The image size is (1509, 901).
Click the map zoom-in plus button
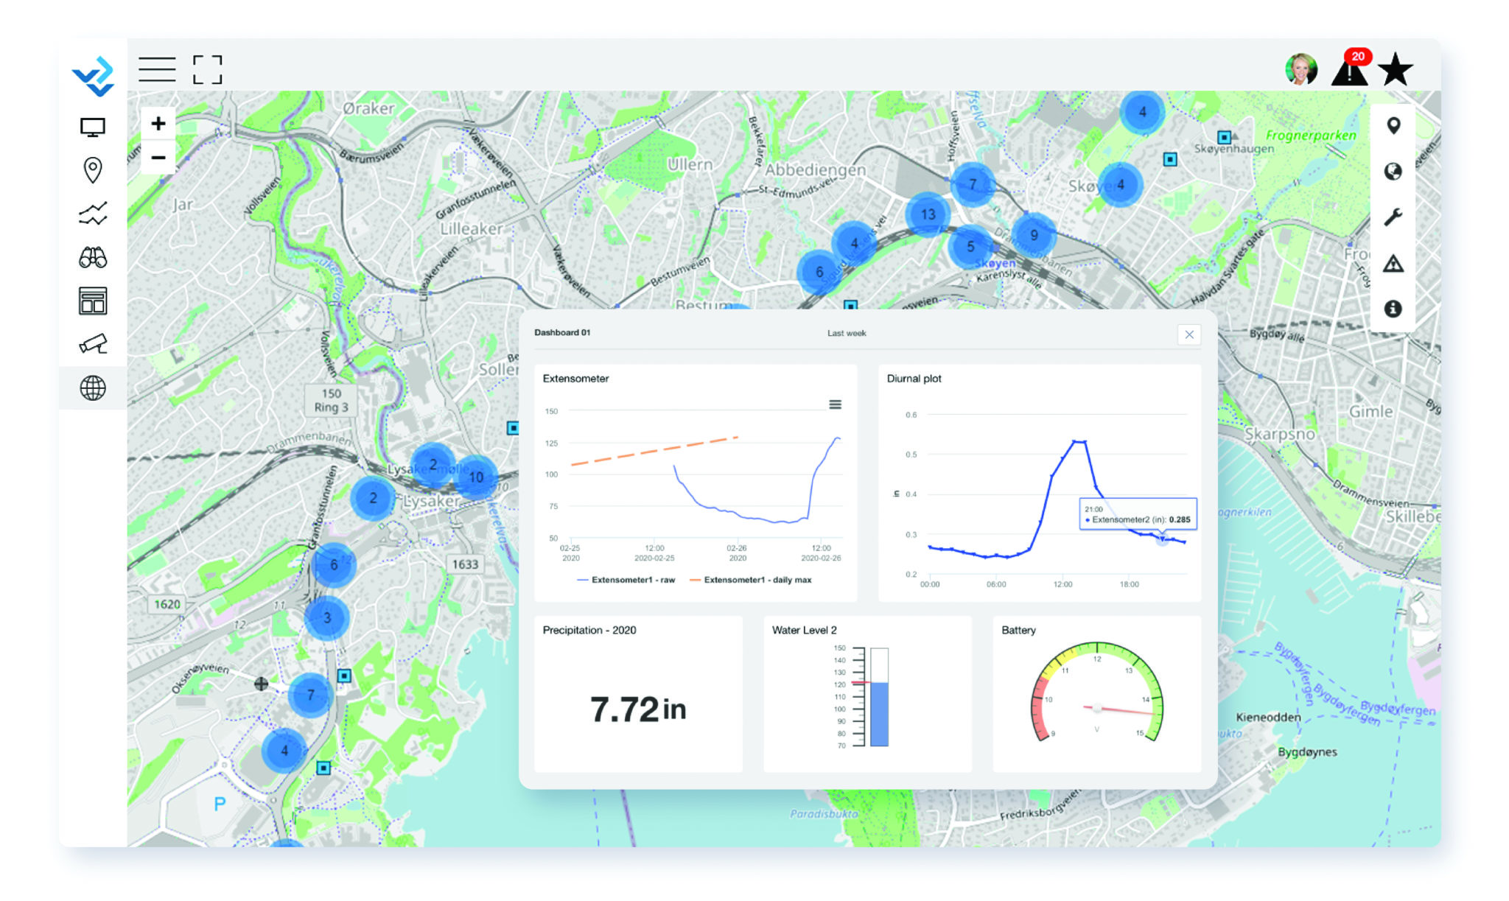[158, 124]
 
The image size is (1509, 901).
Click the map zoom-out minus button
[158, 158]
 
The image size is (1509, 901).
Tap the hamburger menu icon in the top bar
[157, 69]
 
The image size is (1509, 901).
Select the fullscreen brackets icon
[207, 69]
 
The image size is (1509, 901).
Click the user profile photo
[1300, 70]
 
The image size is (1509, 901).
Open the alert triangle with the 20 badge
[1349, 71]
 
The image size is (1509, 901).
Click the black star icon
[1395, 70]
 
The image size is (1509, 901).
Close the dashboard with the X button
[1189, 334]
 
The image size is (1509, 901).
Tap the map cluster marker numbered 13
[928, 214]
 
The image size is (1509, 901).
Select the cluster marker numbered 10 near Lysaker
[476, 477]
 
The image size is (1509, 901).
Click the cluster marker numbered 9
[1034, 235]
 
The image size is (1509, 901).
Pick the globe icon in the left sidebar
[93, 388]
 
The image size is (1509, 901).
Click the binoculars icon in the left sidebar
[93, 258]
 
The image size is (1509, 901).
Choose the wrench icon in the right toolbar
[1393, 217]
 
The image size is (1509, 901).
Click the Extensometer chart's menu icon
[835, 404]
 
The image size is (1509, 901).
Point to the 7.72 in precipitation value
[638, 709]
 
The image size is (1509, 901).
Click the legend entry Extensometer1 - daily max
[757, 580]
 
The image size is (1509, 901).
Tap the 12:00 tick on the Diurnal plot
[1062, 584]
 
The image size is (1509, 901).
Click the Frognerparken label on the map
[1311, 136]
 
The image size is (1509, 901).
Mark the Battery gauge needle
[1120, 710]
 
